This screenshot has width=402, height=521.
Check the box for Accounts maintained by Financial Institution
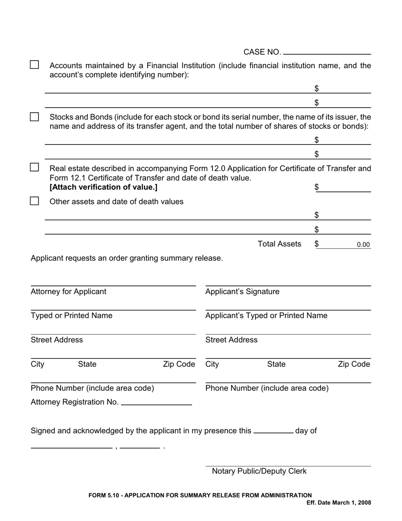point(35,65)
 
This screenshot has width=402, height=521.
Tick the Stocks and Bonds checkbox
point(35,116)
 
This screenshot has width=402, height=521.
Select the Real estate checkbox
point(35,167)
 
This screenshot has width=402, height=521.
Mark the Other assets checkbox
point(35,201)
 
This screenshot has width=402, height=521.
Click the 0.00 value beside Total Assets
point(363,245)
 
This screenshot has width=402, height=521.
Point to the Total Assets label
point(279,244)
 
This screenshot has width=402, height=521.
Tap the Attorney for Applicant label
point(69,292)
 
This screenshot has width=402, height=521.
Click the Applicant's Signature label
point(242,292)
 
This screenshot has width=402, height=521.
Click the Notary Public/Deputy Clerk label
point(259,471)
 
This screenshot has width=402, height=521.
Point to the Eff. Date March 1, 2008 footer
point(339,503)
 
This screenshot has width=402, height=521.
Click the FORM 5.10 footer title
point(200,495)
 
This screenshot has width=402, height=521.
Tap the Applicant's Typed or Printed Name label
point(266,316)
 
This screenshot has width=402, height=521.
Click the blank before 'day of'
point(273,431)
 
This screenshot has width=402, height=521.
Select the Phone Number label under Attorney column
point(92,388)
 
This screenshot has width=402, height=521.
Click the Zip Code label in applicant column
point(354,364)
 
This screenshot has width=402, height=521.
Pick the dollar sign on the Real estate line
point(317,187)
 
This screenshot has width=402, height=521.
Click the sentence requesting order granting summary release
point(127,258)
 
